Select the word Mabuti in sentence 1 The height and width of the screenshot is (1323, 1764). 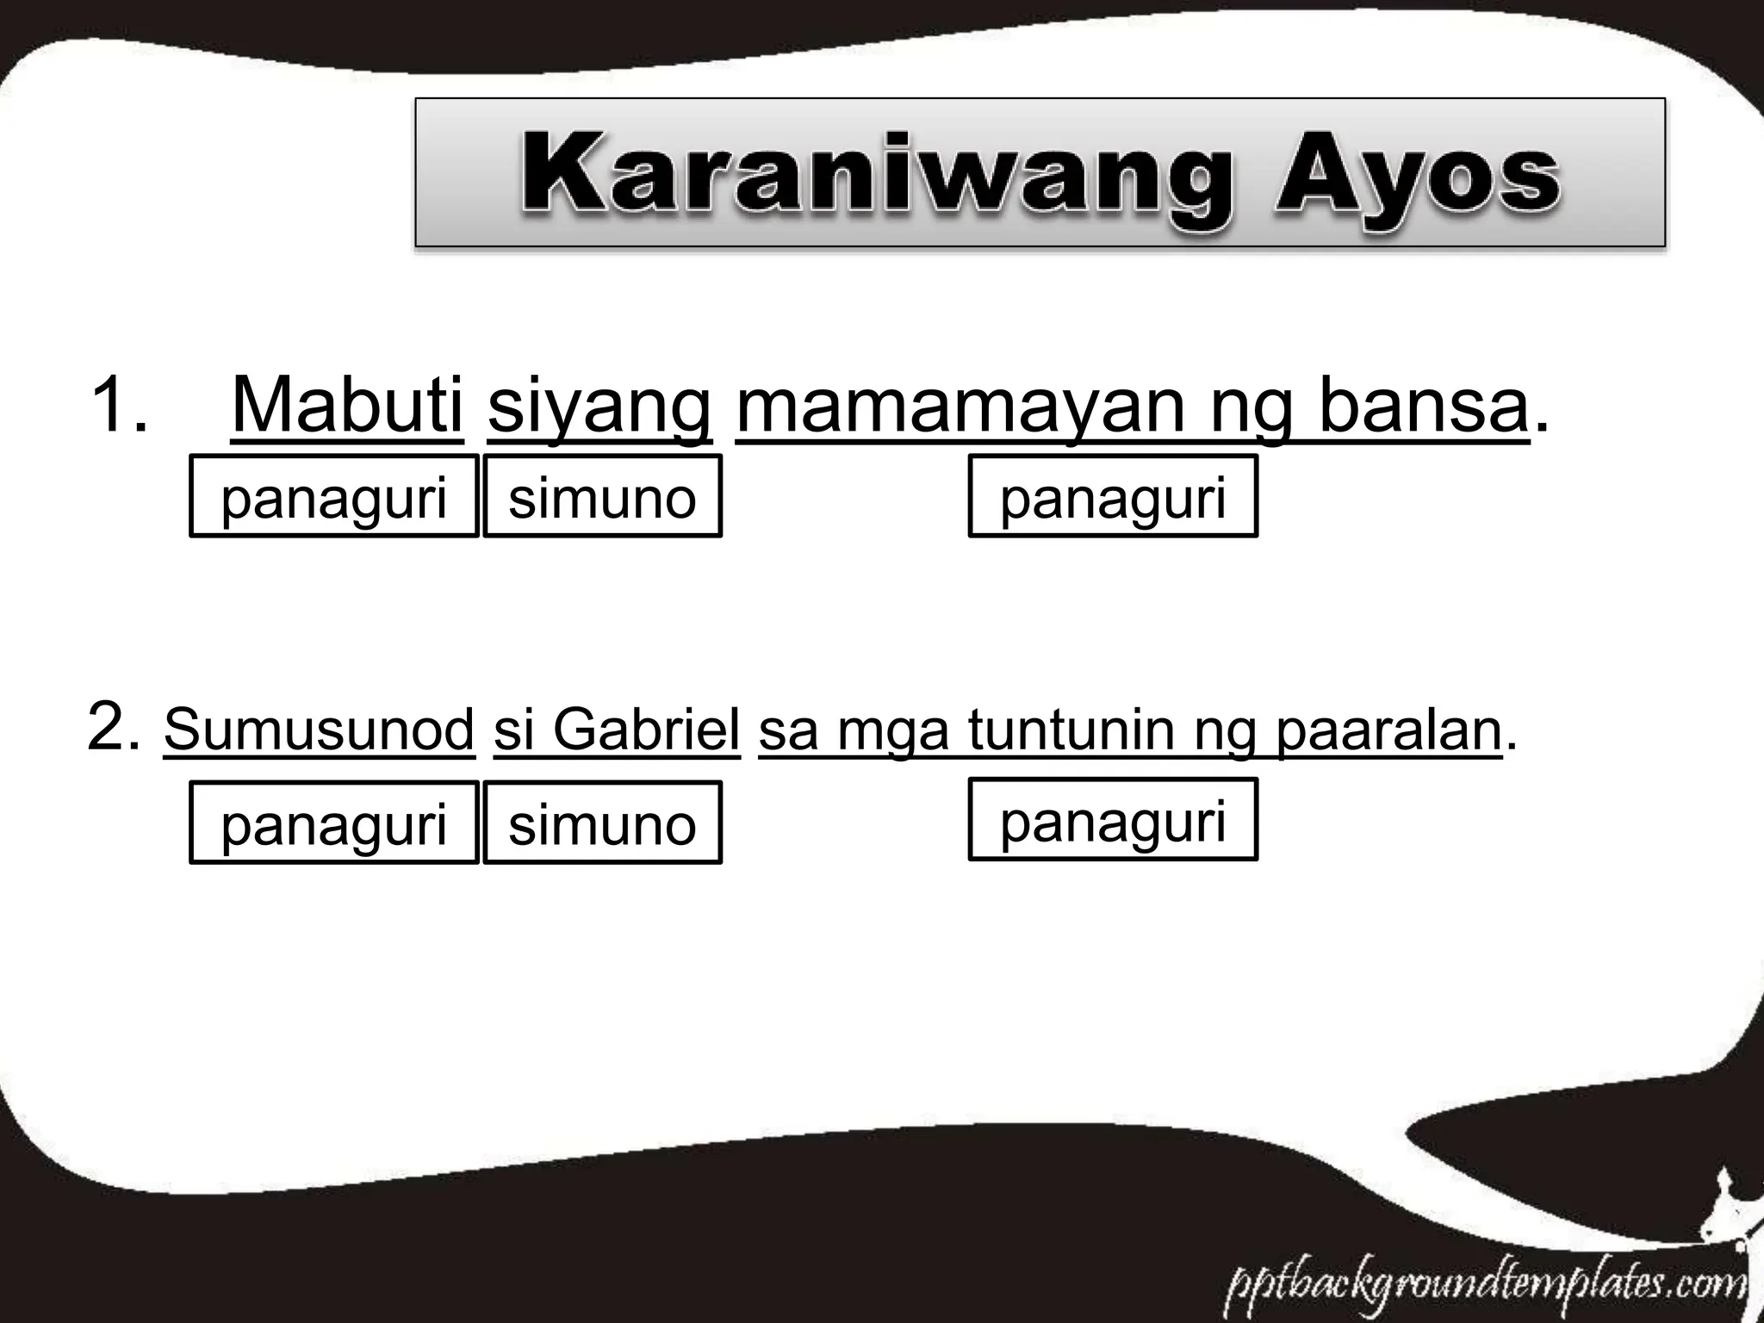tap(347, 405)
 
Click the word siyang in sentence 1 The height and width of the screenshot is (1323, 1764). tap(599, 405)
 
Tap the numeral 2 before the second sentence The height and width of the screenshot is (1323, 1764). tap(110, 728)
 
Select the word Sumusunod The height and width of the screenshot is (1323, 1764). tap(320, 730)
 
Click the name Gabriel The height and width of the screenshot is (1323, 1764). tap(646, 730)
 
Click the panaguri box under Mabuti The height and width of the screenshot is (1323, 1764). tap(334, 497)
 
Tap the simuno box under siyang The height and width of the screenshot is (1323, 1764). tap(602, 497)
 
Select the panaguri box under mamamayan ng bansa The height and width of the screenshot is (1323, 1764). tap(1113, 497)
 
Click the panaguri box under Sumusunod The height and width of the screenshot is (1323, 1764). tap(334, 823)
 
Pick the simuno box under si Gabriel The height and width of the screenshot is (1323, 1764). tap(602, 823)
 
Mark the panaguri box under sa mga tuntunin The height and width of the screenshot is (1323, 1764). tap(1113, 819)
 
